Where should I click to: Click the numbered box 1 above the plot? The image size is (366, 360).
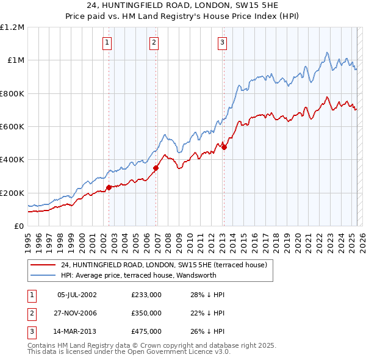click(107, 42)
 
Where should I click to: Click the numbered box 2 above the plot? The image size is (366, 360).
click(154, 42)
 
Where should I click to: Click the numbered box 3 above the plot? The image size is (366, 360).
click(221, 42)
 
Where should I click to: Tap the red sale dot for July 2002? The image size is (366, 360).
click(109, 187)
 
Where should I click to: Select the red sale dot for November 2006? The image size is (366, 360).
click(156, 168)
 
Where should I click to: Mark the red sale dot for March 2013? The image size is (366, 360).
click(224, 147)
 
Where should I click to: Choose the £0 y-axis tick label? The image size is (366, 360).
click(19, 226)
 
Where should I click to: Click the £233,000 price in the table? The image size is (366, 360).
click(146, 295)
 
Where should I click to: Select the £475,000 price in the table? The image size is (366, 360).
click(146, 331)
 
